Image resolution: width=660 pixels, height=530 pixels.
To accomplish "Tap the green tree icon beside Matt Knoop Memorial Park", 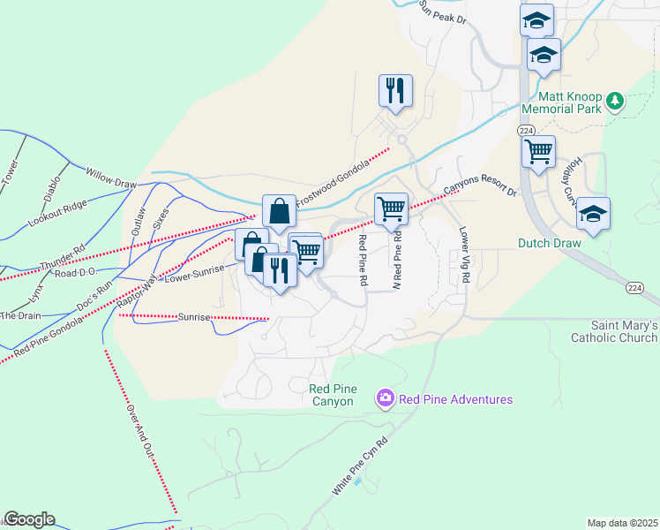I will (x=616, y=102).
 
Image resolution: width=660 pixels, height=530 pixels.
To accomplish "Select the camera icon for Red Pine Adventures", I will (x=385, y=399).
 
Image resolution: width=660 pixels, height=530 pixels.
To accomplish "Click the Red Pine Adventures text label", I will (x=455, y=400).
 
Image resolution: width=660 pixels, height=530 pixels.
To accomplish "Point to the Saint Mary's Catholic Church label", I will (x=614, y=331).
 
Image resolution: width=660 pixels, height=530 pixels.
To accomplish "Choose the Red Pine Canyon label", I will (x=331, y=395).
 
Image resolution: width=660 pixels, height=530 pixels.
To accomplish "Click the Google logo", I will (x=29, y=519).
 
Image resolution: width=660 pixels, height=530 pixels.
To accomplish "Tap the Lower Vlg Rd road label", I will (x=464, y=255).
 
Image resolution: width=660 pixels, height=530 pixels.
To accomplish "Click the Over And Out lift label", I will (x=140, y=430).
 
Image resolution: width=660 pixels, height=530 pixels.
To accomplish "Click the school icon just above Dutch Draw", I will (x=594, y=214).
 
